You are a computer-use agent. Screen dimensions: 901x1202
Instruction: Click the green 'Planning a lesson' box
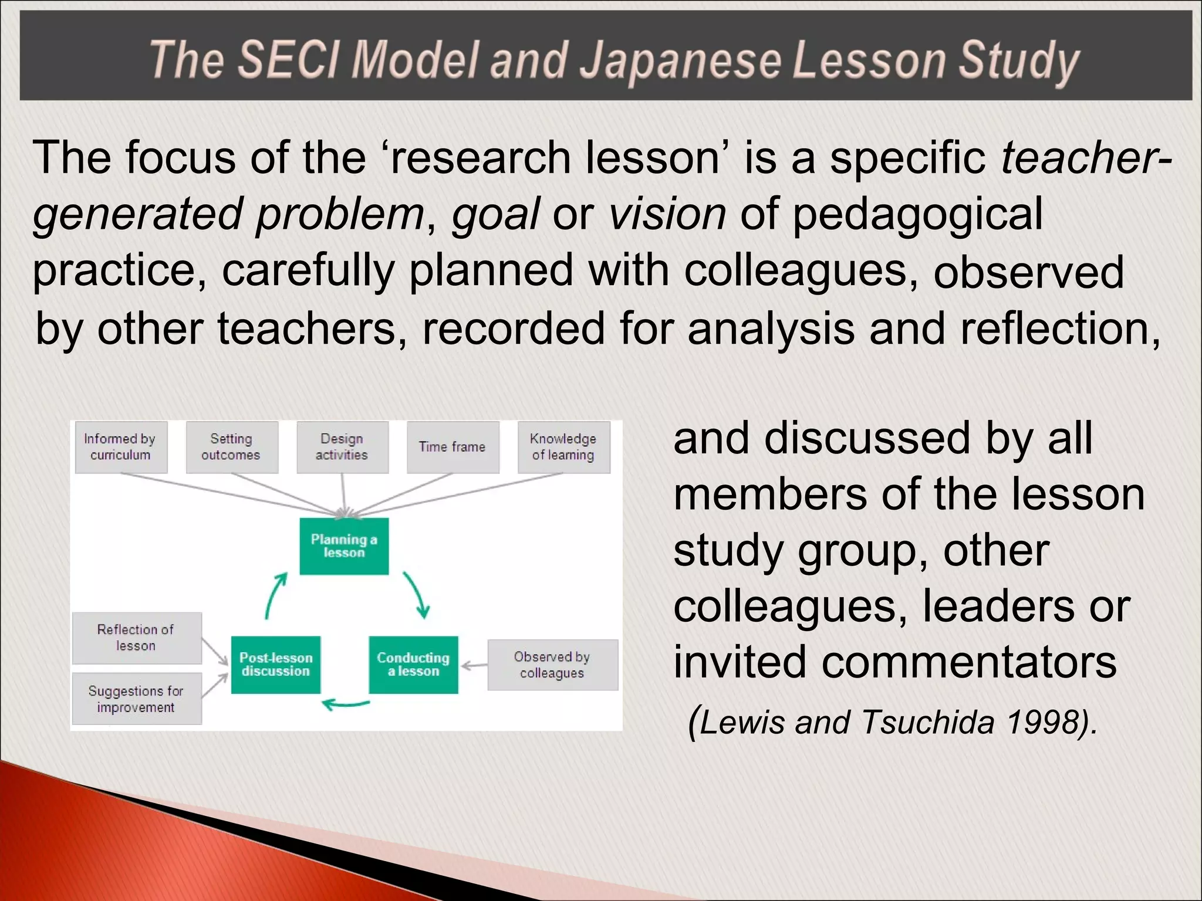344,546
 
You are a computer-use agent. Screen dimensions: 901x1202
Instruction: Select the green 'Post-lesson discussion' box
276,665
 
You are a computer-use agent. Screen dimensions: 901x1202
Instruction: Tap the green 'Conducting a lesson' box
413,665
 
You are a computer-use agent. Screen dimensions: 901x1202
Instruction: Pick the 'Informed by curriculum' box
121,447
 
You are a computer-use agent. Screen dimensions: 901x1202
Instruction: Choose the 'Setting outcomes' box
232,447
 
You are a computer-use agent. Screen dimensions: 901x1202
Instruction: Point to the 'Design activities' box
342,447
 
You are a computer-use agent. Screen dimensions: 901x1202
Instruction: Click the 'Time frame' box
453,447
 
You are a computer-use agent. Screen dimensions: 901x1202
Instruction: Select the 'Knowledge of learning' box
563,447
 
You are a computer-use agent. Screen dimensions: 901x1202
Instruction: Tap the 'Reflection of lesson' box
136,638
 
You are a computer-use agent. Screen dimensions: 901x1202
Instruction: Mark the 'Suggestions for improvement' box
136,699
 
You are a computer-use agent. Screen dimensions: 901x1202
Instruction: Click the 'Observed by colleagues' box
552,665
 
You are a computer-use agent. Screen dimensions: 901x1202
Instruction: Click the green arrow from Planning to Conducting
417,594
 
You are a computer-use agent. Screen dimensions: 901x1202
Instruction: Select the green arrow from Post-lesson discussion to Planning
275,595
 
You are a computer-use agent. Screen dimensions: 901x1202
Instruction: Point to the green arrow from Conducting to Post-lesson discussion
346,704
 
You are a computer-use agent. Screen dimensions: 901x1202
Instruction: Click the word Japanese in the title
680,61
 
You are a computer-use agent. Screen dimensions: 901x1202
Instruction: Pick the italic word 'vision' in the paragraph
667,214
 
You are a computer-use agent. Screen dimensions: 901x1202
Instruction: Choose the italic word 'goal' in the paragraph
495,214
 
